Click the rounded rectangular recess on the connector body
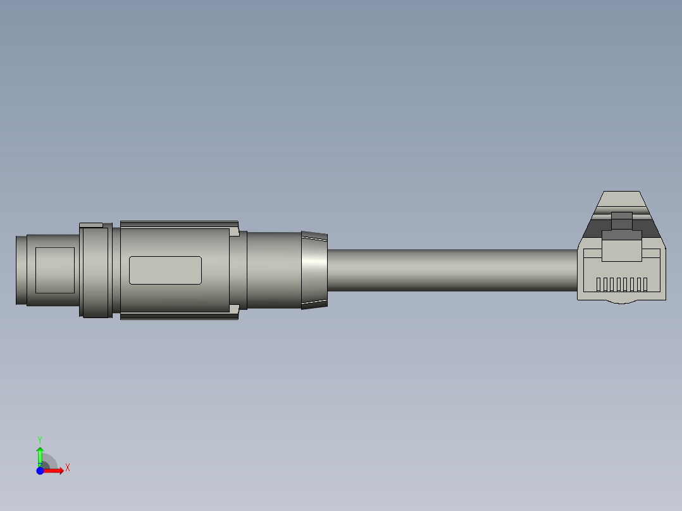tap(165, 270)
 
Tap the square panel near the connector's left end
tap(55, 270)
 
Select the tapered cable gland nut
tap(314, 270)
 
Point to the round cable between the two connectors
tap(452, 270)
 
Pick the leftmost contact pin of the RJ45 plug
tap(598, 285)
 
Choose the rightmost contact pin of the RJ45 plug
tap(645, 285)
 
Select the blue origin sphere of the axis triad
tap(40, 471)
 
